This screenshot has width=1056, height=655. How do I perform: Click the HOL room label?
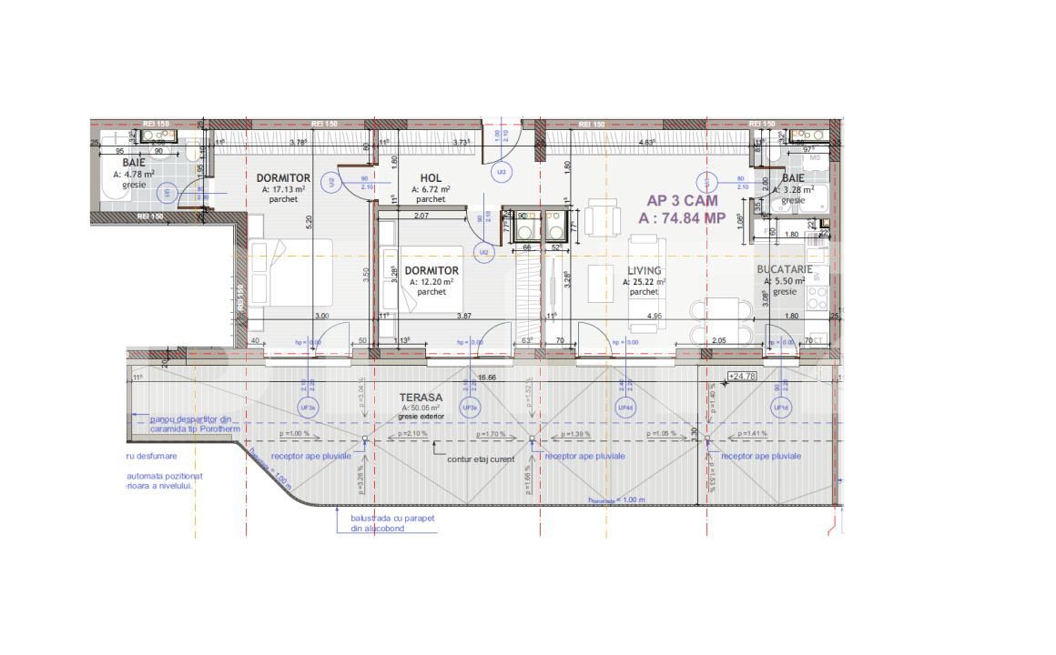point(431,178)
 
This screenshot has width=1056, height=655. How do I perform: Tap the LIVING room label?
point(644,271)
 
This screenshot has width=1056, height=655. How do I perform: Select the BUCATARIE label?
point(784,270)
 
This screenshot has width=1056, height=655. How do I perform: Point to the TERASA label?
point(421,398)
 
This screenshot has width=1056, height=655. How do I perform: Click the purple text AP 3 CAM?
point(682,201)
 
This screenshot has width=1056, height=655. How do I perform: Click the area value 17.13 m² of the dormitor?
point(285,189)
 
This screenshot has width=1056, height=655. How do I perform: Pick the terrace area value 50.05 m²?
point(421,408)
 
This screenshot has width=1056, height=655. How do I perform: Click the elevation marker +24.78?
point(742,376)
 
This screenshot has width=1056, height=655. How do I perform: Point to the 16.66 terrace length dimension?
point(486,377)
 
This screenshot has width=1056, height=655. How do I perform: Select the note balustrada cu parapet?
point(392,518)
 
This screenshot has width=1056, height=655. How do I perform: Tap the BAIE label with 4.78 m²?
point(134,162)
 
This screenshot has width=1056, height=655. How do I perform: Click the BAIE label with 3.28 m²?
point(793,178)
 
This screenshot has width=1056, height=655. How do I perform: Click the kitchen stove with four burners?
point(817,295)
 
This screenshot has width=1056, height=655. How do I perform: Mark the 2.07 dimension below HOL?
point(421,216)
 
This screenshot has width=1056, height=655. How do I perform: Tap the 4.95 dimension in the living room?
point(654,316)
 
